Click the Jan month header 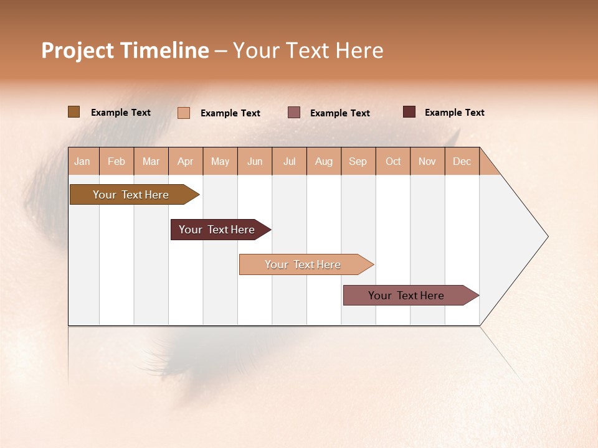tap(83, 161)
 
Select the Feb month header tap(116, 161)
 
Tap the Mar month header tap(151, 161)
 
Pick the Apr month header tap(186, 161)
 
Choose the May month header tap(220, 161)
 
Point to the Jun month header tap(255, 161)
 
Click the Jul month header tap(289, 161)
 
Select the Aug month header tap(324, 161)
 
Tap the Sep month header tap(358, 161)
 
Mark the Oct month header tap(393, 161)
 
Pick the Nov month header tap(427, 161)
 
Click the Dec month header tap(462, 161)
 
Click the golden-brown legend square tap(74, 112)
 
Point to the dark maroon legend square tap(409, 112)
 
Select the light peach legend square tap(184, 113)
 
